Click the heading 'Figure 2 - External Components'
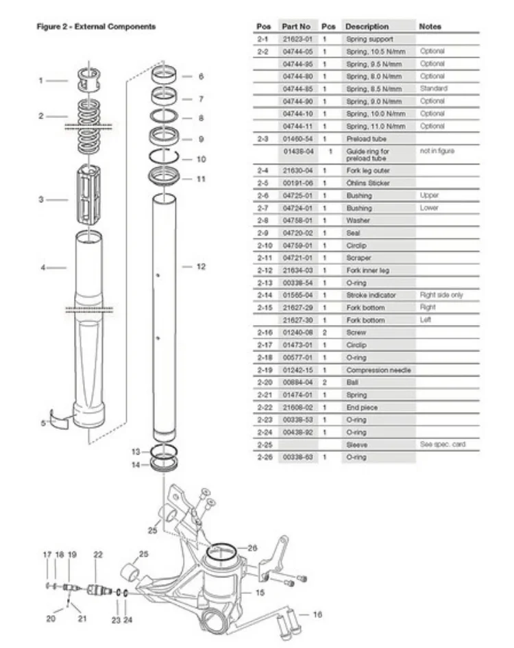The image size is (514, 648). (x=96, y=27)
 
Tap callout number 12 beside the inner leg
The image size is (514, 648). (x=201, y=266)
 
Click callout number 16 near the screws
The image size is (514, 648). (x=317, y=615)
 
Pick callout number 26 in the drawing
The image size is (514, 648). (x=252, y=547)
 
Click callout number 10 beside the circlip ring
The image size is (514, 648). (x=201, y=158)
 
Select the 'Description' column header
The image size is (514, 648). (x=367, y=27)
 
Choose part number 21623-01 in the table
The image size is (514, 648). (x=297, y=39)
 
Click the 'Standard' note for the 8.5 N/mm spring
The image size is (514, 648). (x=433, y=88)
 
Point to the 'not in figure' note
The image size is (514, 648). (x=437, y=151)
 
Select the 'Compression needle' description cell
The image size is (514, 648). (x=378, y=370)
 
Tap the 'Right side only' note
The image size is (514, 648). (x=441, y=295)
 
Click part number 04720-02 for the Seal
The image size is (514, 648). (x=297, y=232)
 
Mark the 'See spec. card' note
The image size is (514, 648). (x=442, y=444)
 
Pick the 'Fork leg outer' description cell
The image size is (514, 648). (x=369, y=170)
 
